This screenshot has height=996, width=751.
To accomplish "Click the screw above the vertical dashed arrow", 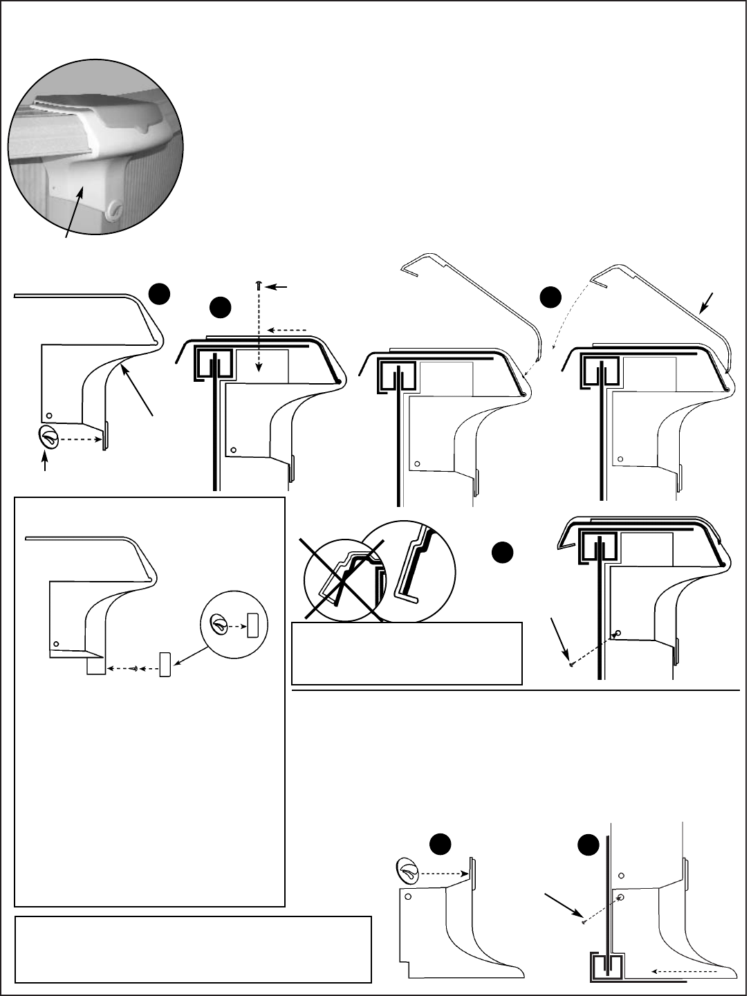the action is pos(259,285).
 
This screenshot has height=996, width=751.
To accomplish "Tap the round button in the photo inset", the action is pos(113,207).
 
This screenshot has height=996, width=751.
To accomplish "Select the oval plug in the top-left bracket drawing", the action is pos(49,437).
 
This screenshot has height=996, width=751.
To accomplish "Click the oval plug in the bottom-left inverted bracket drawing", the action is pos(407,869).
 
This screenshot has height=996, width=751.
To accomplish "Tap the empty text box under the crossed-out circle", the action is pos(407,653).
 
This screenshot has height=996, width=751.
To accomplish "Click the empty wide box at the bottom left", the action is pos(193,949).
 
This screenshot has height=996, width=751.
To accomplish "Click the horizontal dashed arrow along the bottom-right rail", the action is pos(681,971).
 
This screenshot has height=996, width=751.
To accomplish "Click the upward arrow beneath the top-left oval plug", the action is pos(46,461).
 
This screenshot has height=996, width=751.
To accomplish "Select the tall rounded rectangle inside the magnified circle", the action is pos(252,625).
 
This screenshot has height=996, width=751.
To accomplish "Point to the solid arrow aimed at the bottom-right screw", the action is pos(562,904).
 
